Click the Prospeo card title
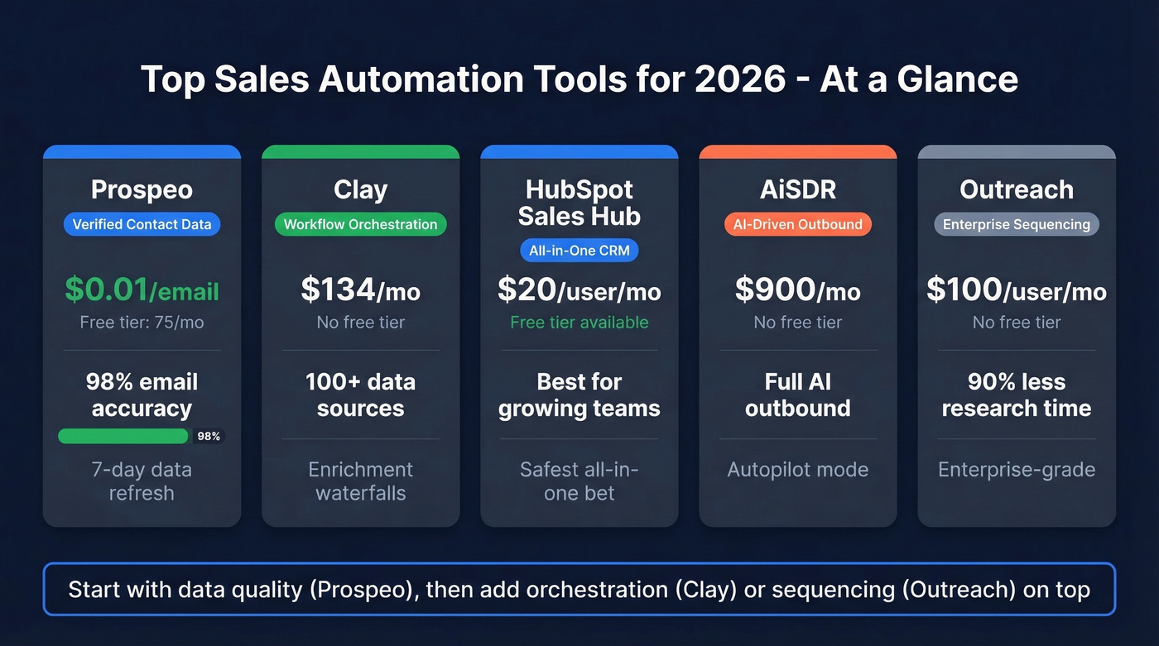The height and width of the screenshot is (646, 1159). point(142,189)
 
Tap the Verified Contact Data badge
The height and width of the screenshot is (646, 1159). point(142,224)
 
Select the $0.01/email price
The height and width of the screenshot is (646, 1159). point(142,290)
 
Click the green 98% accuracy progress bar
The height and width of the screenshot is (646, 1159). point(123,436)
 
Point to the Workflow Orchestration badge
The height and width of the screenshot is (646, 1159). point(360,224)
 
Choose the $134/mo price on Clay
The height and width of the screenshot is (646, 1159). point(360,290)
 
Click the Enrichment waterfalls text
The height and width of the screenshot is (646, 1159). point(360,481)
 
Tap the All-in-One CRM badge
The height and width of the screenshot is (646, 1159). point(579,251)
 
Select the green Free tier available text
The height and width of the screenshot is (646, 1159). point(579,323)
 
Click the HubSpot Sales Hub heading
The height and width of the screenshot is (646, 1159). point(579,203)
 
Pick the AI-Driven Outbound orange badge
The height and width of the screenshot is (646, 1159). point(797,224)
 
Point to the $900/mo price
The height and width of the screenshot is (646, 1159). point(797,290)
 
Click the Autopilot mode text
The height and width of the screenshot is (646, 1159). point(797,470)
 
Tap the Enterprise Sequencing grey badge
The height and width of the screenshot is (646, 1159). point(1017,224)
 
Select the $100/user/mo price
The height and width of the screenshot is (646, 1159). point(1017,290)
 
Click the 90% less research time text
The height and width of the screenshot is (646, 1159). point(1017,395)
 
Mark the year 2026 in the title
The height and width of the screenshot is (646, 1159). point(740,79)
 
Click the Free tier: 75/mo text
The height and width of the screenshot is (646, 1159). point(142,323)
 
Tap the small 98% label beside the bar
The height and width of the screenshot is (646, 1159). point(209,437)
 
